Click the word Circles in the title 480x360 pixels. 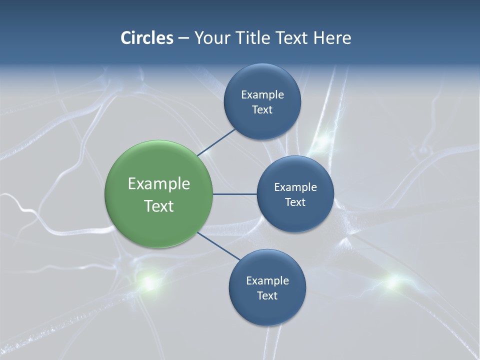(147, 38)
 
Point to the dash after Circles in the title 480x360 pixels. (183, 38)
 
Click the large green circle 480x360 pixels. (158, 194)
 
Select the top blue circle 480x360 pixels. (262, 101)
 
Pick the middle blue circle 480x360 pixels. (295, 194)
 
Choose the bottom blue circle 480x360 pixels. (267, 287)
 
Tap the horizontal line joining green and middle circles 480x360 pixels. (234, 194)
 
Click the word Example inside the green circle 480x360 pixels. (159, 183)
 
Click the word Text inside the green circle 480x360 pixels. (159, 206)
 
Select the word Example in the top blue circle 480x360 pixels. (262, 94)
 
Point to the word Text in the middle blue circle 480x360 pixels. (295, 202)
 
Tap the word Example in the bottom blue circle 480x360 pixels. (267, 280)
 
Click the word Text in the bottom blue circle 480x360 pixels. (267, 295)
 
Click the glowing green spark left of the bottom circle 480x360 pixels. (148, 282)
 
